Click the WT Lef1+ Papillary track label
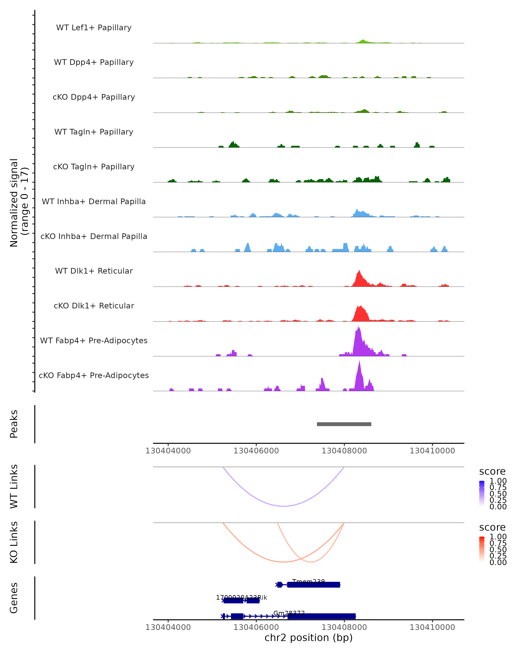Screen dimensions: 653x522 94,28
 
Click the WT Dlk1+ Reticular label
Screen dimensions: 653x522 94,271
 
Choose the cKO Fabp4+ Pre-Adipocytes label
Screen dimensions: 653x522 94,375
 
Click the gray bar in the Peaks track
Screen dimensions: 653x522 344,424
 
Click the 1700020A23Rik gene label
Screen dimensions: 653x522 241,597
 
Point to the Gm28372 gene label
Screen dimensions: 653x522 289,613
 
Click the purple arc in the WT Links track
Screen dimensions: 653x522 284,506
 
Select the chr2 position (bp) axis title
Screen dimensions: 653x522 308,638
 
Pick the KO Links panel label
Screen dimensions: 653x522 14,542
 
